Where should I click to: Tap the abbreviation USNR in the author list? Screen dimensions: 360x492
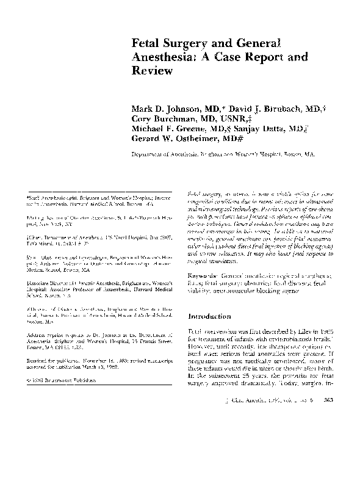[232, 110]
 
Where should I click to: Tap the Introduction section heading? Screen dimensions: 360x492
[210, 317]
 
